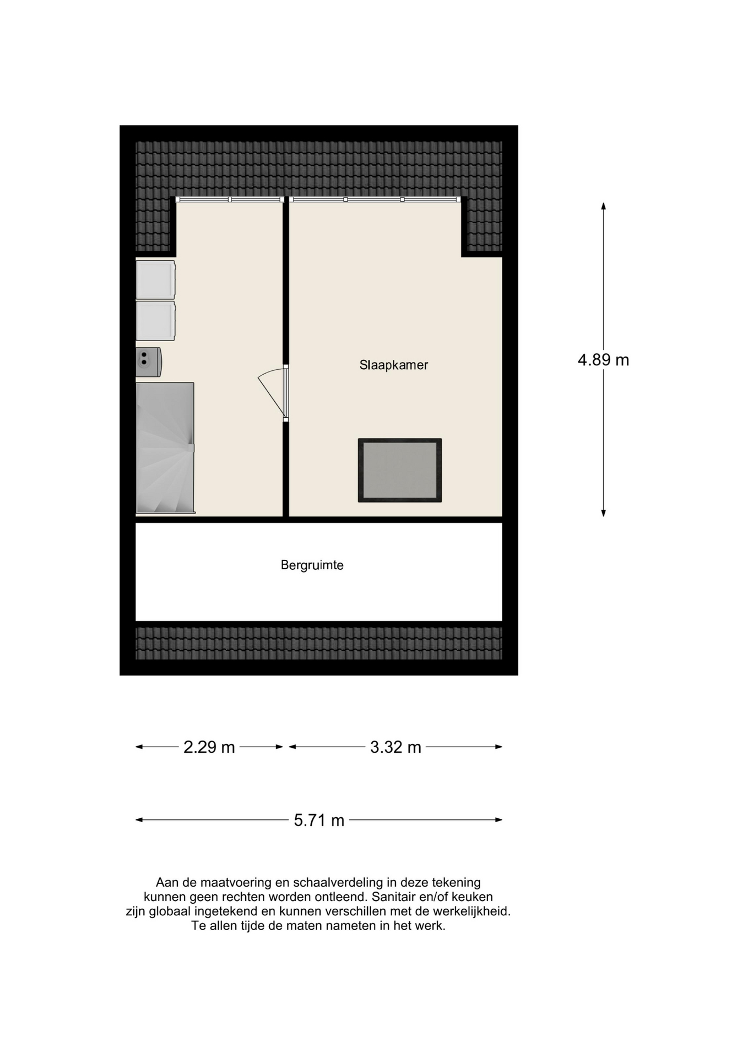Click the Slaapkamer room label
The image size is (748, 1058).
pyautogui.click(x=393, y=365)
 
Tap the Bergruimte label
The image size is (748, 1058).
pyautogui.click(x=312, y=565)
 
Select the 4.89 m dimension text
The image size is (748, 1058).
pyautogui.click(x=603, y=360)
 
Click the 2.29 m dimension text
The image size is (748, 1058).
pyautogui.click(x=209, y=747)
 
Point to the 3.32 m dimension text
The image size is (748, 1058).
pyautogui.click(x=395, y=747)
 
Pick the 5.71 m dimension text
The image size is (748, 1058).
pyautogui.click(x=319, y=821)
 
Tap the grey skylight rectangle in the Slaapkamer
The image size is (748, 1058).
pyautogui.click(x=400, y=470)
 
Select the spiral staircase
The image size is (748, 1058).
pyautogui.click(x=165, y=448)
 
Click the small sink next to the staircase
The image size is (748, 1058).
pyautogui.click(x=149, y=362)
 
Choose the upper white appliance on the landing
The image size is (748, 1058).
pyautogui.click(x=156, y=279)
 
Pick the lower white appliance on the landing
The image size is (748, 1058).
pyautogui.click(x=156, y=321)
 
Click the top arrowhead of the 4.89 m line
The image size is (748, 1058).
pyautogui.click(x=603, y=206)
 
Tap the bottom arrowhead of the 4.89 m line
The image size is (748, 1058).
pyautogui.click(x=603, y=513)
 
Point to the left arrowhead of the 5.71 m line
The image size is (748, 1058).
pyautogui.click(x=139, y=820)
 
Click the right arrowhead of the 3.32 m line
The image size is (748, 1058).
pyautogui.click(x=498, y=747)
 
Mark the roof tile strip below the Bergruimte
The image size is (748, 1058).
pyautogui.click(x=319, y=643)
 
